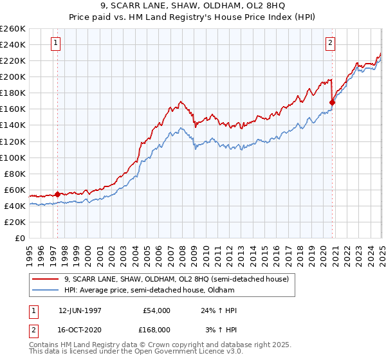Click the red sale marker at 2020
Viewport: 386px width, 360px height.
pyautogui.click(x=332, y=102)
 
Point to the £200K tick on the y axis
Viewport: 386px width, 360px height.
pyautogui.click(x=13, y=76)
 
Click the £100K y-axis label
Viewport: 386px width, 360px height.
pyautogui.click(x=13, y=157)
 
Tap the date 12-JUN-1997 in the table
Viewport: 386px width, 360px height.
pyautogui.click(x=80, y=310)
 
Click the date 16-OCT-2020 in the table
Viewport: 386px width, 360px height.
pyautogui.click(x=80, y=329)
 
